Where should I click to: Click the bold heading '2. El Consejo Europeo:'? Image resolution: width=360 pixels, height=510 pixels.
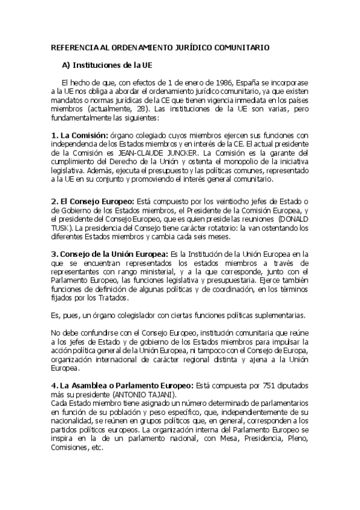(x=93, y=200)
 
